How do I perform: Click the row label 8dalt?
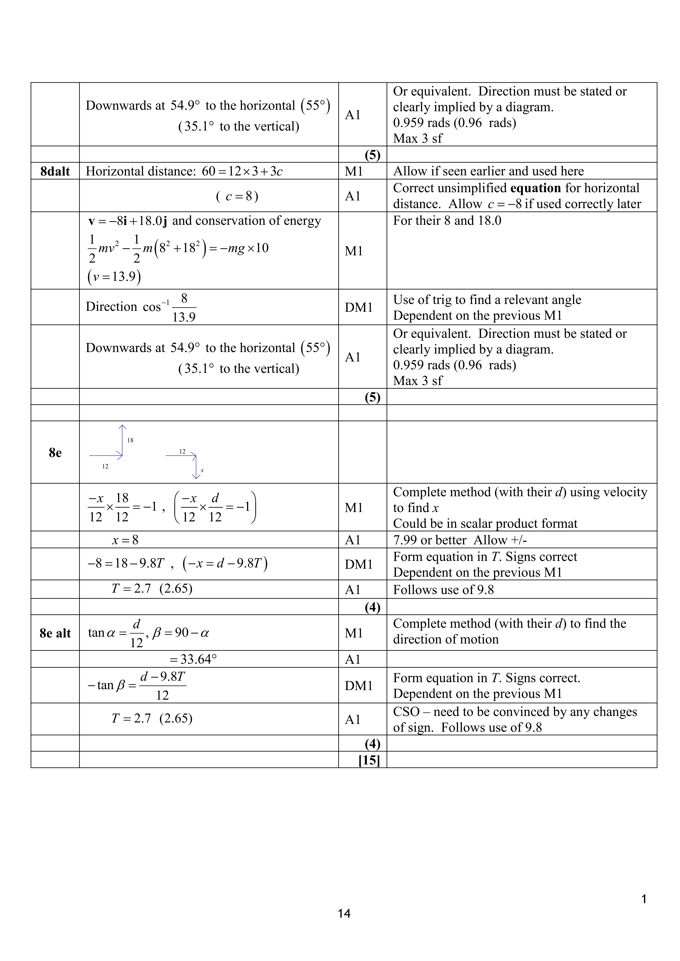coord(55,171)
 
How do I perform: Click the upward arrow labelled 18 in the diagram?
coord(122,440)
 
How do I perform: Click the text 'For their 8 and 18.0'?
coord(447,221)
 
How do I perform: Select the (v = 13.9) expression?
coord(114,277)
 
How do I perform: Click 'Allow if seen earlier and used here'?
coord(488,171)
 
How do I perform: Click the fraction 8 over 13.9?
coord(184,308)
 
